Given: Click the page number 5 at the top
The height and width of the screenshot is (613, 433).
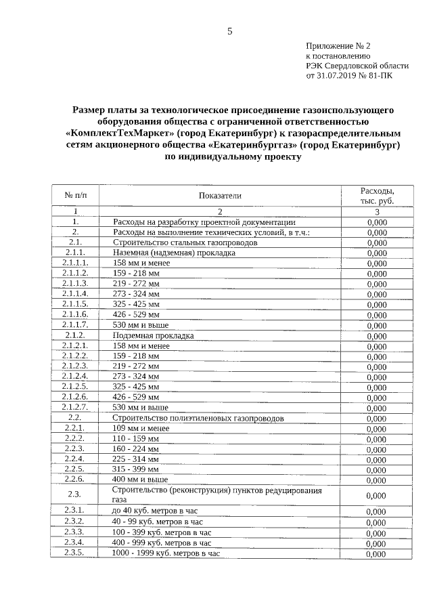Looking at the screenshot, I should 229,31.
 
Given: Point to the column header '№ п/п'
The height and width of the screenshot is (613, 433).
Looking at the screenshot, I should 76,195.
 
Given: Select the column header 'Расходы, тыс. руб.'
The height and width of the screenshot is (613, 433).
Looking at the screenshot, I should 377,196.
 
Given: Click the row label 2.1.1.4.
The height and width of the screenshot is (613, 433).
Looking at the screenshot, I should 75,294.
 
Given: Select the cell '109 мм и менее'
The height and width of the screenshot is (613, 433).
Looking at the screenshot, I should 141,428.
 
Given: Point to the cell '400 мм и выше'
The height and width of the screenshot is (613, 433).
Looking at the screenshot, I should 140,479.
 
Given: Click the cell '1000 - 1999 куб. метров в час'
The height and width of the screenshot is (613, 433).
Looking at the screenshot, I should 166,553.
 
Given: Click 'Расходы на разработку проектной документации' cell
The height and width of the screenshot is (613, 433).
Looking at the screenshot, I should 204,221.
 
